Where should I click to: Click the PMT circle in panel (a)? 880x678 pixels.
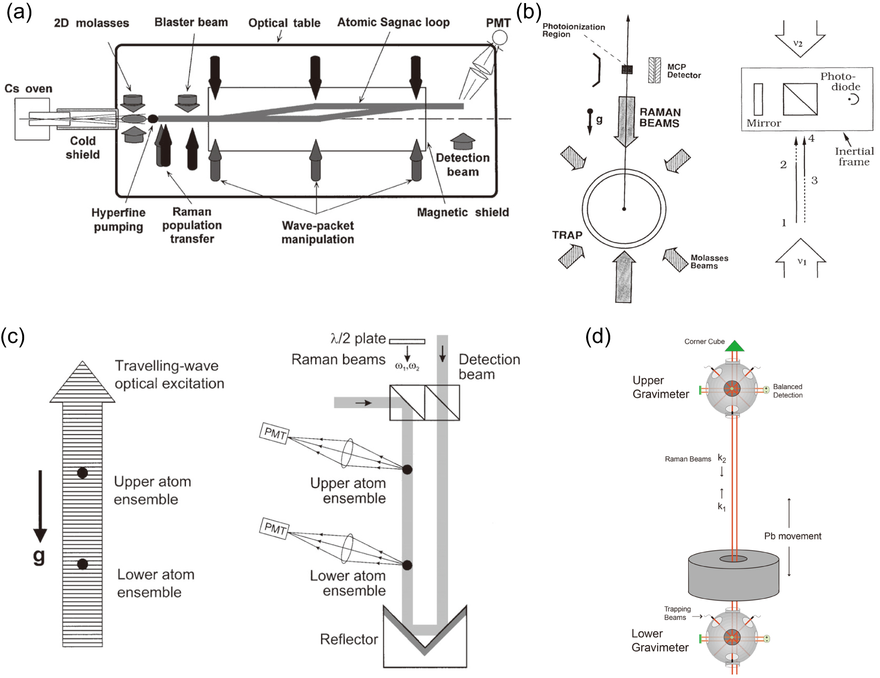pos(499,37)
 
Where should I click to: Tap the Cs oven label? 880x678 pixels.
pos(28,89)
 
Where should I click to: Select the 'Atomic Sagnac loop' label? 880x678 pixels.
pos(393,23)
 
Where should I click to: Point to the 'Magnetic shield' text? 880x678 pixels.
pos(463,212)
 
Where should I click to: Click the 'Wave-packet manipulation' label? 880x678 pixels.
pos(317,233)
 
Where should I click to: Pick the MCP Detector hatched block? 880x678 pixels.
pos(654,70)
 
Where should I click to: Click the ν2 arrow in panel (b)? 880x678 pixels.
pos(799,41)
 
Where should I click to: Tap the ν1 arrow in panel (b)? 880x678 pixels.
pos(800,258)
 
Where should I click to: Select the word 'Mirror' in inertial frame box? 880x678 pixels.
pos(763,123)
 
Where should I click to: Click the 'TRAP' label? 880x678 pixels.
pos(567,235)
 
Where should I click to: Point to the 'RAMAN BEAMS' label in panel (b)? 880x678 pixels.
pos(660,118)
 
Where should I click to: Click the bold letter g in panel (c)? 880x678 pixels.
pos(39,556)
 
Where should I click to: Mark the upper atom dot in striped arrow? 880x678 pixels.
pos(82,473)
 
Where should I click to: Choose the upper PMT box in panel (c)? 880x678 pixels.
pos(275,433)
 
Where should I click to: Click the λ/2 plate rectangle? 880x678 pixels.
pos(407,341)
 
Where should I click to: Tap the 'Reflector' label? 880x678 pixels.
pos(349,639)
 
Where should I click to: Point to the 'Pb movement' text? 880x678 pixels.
pos(793,536)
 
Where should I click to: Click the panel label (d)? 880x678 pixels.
pos(598,337)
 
